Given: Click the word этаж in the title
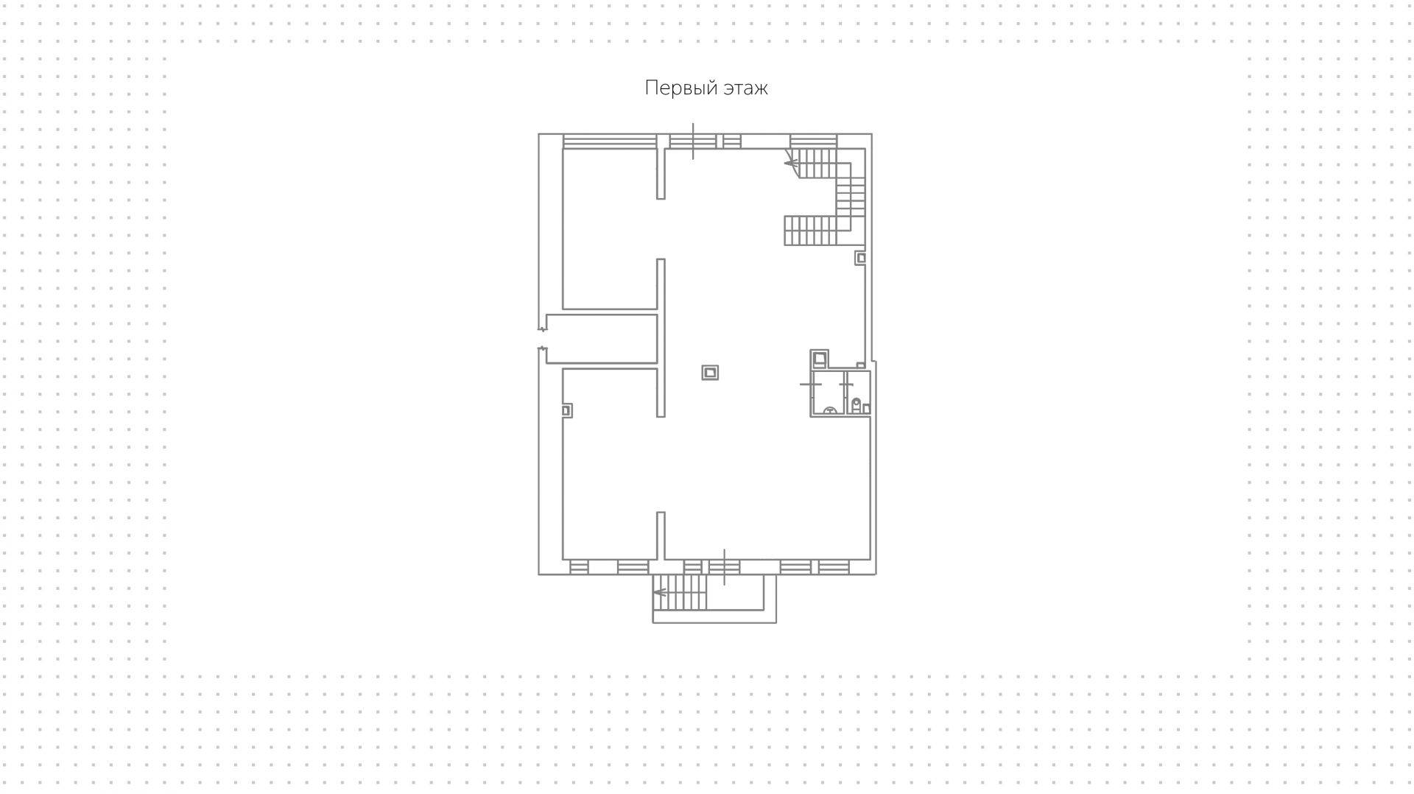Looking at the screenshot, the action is click(745, 88).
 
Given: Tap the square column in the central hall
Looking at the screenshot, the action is click(710, 373).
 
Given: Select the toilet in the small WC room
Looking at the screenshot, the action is click(857, 405).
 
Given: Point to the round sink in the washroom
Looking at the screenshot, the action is click(830, 411).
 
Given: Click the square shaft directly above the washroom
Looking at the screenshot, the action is click(820, 359).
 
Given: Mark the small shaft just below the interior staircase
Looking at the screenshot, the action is click(860, 258).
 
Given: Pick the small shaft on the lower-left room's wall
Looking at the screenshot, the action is click(567, 410).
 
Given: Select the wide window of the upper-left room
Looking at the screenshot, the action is click(610, 141).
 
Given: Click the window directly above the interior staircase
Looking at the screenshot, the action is click(813, 141).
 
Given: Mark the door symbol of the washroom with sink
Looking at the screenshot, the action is click(811, 384).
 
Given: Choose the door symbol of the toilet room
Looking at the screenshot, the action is click(846, 384).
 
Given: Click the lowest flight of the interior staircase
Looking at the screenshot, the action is click(811, 231).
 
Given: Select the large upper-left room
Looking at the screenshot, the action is click(610, 229).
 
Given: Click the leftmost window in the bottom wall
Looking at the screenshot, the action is click(579, 567).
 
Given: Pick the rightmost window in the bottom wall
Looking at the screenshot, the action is click(834, 567).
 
